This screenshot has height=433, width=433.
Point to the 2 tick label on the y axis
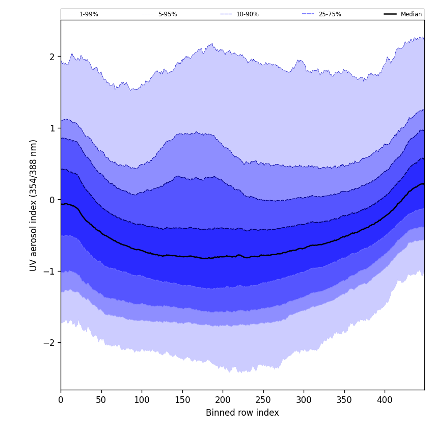[x=52, y=57]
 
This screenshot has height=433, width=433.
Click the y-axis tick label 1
[x=52, y=128]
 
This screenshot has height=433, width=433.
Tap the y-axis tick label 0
[x=52, y=200]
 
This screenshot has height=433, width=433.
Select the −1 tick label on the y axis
[x=49, y=271]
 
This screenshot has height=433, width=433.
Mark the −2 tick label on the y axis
[x=49, y=343]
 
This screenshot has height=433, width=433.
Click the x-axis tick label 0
[x=61, y=400]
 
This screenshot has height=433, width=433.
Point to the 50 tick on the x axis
[x=101, y=400]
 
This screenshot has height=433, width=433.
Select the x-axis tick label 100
[x=142, y=400]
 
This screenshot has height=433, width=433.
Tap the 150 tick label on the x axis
[x=182, y=400]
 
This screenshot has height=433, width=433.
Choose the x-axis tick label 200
[x=223, y=400]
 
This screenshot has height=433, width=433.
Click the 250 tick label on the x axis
[x=263, y=400]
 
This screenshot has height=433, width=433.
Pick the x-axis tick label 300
[x=304, y=400]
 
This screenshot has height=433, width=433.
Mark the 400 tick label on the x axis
[x=385, y=400]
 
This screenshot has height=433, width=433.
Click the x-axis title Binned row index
[x=242, y=413]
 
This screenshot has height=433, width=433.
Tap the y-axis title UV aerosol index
[x=34, y=205]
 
